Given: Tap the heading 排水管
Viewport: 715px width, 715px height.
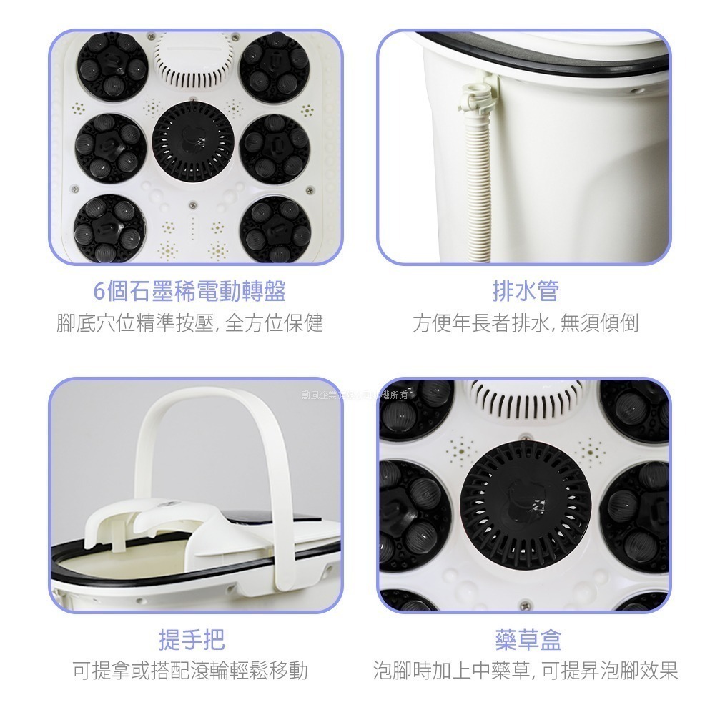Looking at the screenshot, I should pos(526,291).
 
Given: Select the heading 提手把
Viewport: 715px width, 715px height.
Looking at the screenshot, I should pos(191,639).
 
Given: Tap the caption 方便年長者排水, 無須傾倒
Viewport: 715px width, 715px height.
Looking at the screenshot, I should pos(526,324).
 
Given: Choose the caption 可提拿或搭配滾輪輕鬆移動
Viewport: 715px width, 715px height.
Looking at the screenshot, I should pos(191,671).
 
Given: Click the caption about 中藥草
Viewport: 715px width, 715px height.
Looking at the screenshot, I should pos(526,671).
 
